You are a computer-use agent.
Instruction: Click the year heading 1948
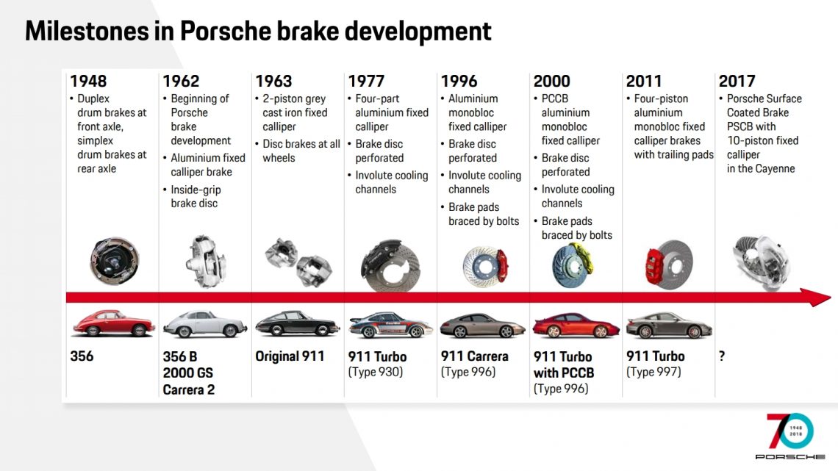(x=89, y=81)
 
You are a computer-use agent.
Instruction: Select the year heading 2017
(x=737, y=81)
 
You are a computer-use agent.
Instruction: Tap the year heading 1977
(x=367, y=81)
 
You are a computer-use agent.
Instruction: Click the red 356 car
(x=112, y=323)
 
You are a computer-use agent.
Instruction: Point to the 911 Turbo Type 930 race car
(x=390, y=325)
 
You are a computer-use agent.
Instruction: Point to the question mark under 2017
(x=722, y=356)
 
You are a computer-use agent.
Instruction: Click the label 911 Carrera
(x=474, y=356)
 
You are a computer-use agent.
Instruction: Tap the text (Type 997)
(x=653, y=372)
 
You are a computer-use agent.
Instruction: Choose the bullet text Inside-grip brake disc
(x=195, y=196)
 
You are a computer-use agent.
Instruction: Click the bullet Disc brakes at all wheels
(x=301, y=151)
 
